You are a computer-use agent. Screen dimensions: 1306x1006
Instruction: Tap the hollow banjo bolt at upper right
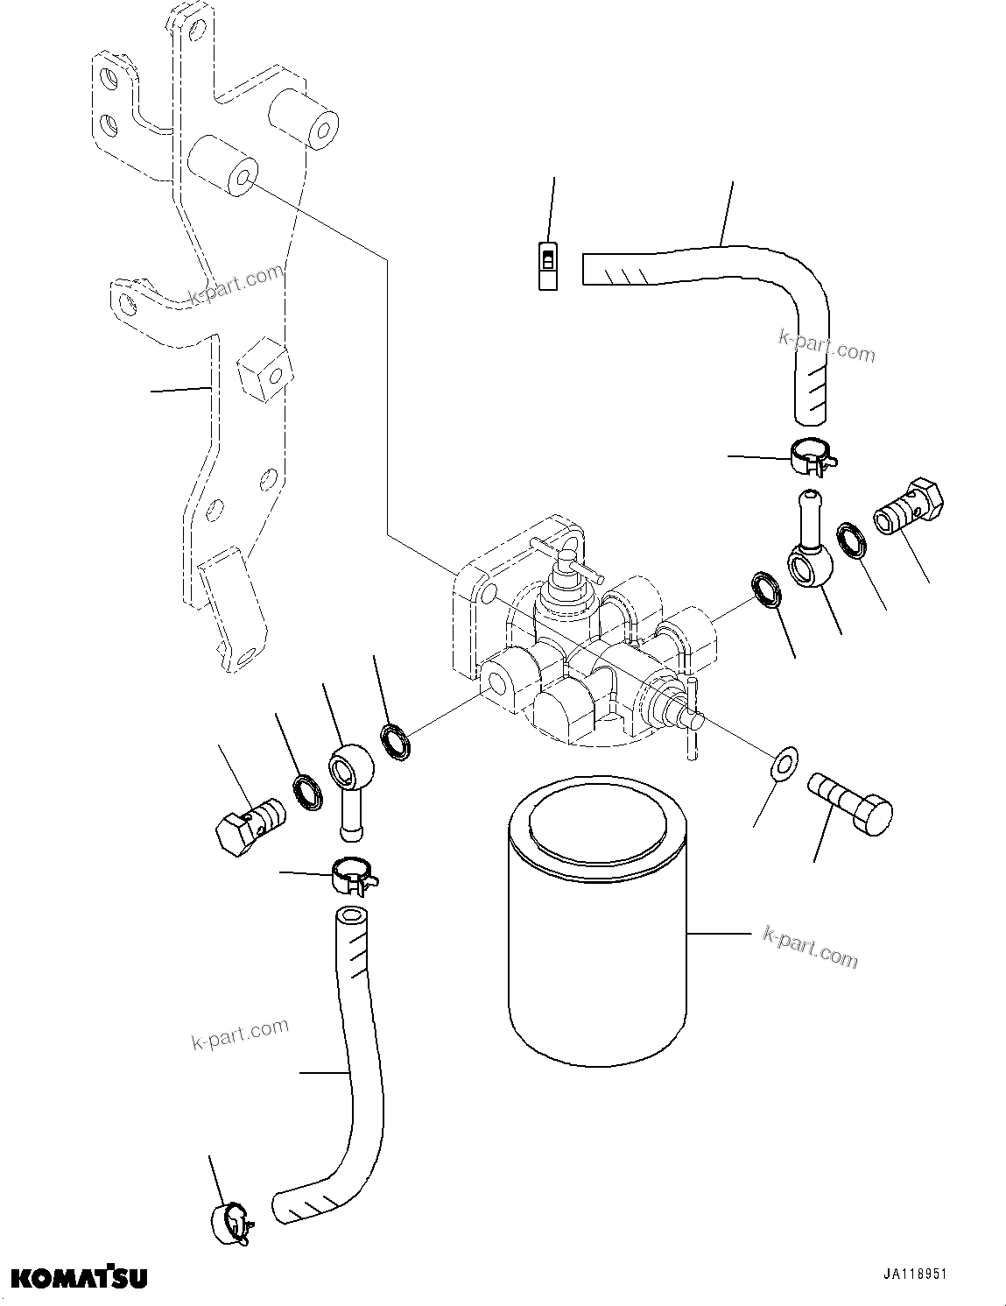(x=911, y=507)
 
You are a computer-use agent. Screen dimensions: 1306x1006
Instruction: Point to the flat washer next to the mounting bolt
(x=781, y=762)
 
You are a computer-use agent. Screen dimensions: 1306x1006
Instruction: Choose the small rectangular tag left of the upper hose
(x=547, y=265)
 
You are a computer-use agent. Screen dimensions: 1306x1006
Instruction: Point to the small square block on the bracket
(x=262, y=371)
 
